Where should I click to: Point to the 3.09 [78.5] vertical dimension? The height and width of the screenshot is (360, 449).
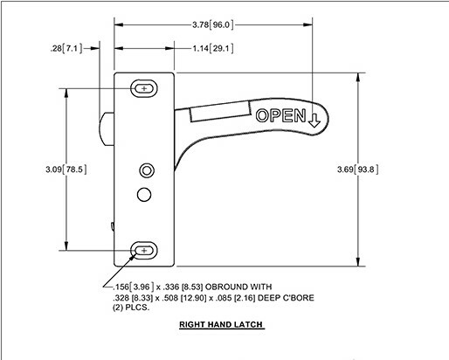coord(66,170)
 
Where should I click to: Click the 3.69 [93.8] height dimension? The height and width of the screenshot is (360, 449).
coord(358,170)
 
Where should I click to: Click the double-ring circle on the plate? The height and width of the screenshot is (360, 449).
coord(147,169)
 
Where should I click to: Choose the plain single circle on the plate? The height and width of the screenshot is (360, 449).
coord(143,193)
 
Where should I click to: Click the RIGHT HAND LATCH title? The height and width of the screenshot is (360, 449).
coord(221,325)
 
